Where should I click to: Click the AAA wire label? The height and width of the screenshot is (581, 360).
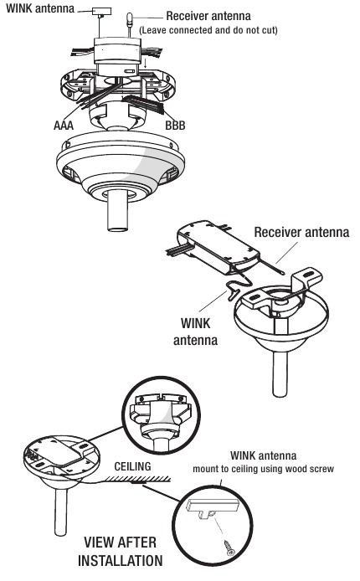tap(64, 126)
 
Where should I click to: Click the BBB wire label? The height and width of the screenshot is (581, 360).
tap(175, 126)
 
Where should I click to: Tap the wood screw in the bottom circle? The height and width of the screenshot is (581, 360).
tap(229, 548)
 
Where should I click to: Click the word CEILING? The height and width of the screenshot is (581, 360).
tap(132, 466)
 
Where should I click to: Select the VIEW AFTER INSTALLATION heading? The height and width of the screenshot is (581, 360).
tap(121, 552)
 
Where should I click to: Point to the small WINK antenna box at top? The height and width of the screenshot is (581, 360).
tap(99, 11)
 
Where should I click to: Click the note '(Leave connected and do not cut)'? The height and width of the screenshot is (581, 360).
tap(208, 30)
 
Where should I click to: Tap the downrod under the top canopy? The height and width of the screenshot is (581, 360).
tap(118, 210)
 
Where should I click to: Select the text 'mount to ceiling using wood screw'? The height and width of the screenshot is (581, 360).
tap(264, 469)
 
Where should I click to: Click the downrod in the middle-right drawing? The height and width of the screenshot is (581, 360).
tap(280, 373)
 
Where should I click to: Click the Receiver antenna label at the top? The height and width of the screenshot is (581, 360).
tap(208, 16)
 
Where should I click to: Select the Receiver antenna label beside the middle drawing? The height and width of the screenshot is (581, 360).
tap(301, 233)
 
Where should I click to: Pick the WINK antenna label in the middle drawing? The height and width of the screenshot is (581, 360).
tap(195, 332)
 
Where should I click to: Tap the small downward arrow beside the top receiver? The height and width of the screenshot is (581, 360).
tap(146, 63)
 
